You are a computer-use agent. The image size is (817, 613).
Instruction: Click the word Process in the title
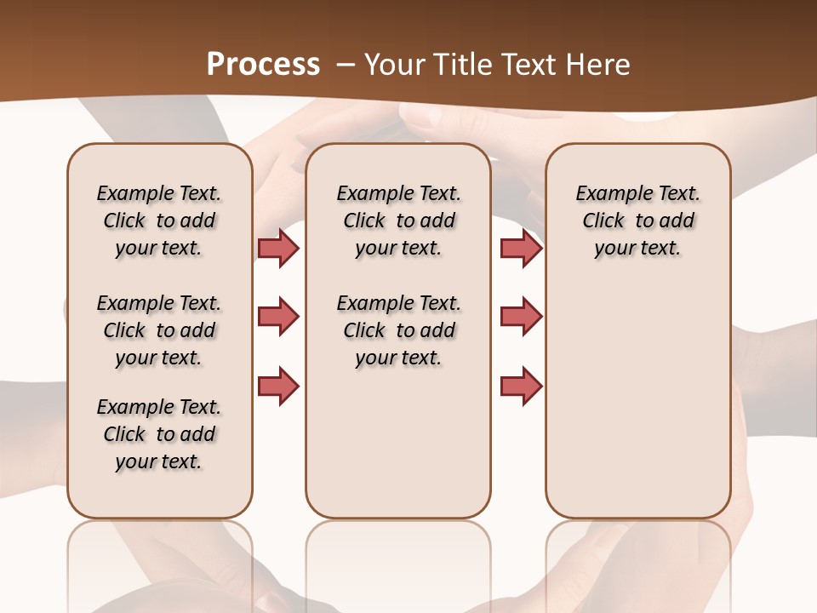(x=263, y=64)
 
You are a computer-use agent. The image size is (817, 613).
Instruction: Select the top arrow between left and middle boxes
(x=278, y=248)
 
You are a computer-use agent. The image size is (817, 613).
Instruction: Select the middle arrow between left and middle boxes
(x=278, y=317)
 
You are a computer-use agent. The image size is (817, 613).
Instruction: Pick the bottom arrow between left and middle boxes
(x=278, y=386)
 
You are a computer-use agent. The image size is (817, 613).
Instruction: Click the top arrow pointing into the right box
(x=521, y=248)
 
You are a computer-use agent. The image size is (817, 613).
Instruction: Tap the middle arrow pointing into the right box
(x=521, y=317)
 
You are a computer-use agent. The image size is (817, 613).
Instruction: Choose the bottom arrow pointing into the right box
(x=521, y=386)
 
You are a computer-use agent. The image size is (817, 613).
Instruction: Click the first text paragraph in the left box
(x=159, y=221)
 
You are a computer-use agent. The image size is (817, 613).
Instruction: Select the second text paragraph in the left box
(x=159, y=330)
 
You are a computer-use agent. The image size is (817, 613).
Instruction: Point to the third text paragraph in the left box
(x=159, y=434)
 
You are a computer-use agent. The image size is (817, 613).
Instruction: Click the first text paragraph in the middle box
(x=398, y=221)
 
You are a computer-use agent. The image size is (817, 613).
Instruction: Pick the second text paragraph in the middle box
(x=398, y=330)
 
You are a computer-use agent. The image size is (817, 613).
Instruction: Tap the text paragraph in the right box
(x=638, y=221)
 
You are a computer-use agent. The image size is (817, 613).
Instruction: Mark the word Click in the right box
(x=603, y=221)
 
